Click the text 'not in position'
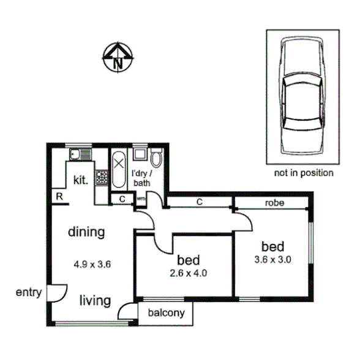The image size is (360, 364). pos(304,173)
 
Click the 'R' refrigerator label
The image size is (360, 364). pos(59,196)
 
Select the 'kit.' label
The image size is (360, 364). pos(81,180)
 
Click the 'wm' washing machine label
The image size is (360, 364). pos(140,199)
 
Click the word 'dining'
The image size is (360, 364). pos(86,232)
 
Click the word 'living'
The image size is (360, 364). pos(94,300)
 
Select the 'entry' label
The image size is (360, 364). pos(29,292)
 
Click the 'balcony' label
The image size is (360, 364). pos(166,313)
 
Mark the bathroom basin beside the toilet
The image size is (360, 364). pos(140,154)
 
